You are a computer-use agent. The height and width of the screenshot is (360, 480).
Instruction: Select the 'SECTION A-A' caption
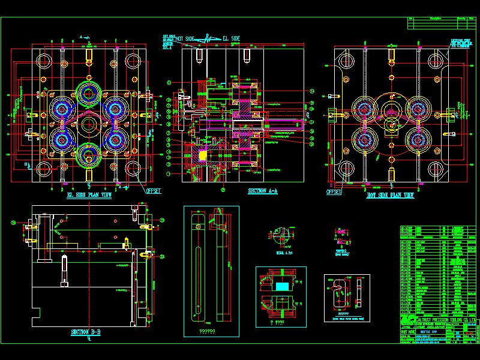(262, 191)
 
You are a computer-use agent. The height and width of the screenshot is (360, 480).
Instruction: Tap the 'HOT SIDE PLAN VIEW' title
(390, 196)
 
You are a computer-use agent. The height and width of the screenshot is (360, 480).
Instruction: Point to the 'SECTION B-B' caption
(86, 332)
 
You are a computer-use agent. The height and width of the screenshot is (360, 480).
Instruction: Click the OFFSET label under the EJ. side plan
(154, 191)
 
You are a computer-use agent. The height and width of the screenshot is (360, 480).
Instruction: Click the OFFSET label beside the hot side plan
(334, 193)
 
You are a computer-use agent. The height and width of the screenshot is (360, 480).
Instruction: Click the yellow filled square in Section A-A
(202, 155)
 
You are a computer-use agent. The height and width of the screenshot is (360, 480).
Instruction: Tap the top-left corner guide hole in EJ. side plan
(43, 60)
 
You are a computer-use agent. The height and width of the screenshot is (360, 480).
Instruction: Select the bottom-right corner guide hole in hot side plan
(434, 170)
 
